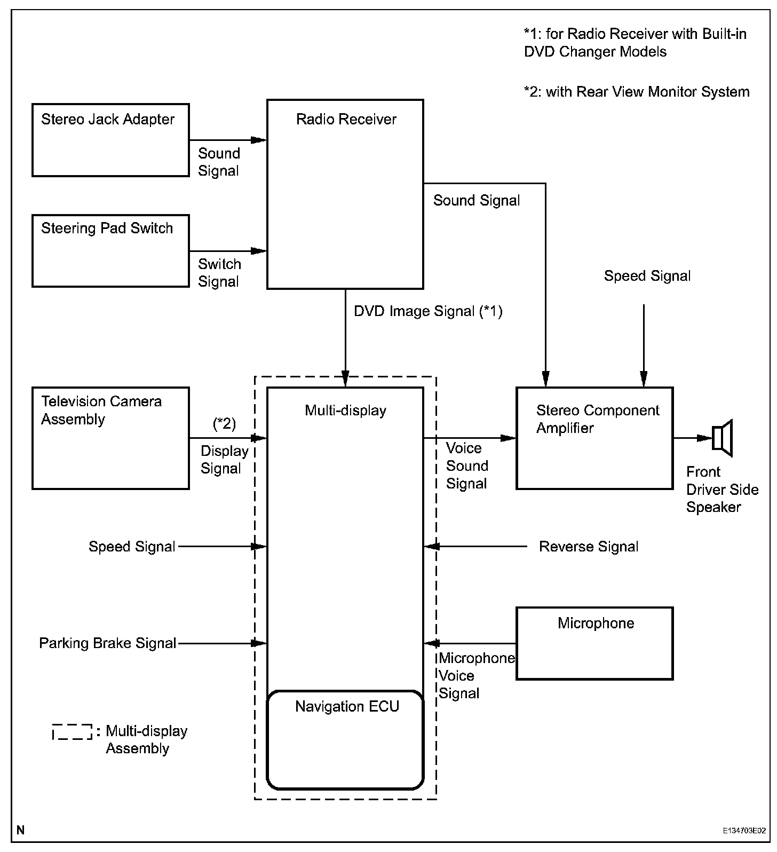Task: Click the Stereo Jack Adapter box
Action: coord(110,140)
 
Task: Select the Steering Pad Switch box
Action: coord(110,251)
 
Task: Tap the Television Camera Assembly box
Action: coord(110,438)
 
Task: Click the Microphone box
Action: coord(594,643)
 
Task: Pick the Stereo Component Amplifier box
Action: coord(594,438)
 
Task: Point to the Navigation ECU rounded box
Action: coord(345,739)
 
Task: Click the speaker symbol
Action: coord(723,438)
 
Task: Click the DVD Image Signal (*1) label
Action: coord(428,311)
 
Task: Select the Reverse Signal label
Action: coord(589,547)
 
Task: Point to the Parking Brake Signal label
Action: coord(108,643)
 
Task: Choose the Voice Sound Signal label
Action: coord(467,466)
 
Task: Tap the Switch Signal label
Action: coord(219,273)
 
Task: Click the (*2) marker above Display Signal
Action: coord(224,423)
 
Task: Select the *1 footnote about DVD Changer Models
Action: coord(635,43)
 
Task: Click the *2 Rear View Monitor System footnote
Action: coord(637,92)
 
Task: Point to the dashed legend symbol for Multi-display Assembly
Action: coord(73,732)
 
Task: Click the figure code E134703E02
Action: coord(744,831)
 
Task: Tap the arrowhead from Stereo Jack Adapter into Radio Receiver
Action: coord(259,140)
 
